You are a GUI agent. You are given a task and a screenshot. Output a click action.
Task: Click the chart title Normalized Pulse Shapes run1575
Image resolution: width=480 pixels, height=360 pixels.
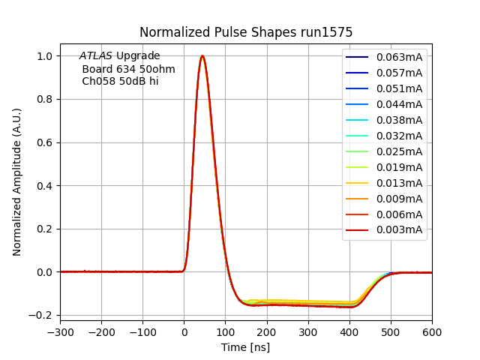point(246,32)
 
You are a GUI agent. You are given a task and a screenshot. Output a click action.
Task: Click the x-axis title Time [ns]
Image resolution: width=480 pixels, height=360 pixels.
point(245,347)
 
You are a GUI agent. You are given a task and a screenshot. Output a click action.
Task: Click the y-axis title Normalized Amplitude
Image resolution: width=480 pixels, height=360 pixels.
point(17,181)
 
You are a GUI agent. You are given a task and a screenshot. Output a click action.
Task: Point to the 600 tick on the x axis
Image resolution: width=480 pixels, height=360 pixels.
point(432,331)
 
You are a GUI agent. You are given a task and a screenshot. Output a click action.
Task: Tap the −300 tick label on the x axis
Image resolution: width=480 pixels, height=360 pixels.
point(60,331)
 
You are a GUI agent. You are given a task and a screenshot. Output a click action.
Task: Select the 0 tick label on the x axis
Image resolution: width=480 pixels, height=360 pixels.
point(184,331)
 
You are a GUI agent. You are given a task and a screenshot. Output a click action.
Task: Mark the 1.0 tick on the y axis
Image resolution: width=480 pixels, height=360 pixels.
point(45,56)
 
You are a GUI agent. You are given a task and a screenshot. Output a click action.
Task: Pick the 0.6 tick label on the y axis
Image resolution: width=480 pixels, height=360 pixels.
point(45,142)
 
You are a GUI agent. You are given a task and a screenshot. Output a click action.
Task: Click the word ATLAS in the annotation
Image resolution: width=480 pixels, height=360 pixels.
point(96,56)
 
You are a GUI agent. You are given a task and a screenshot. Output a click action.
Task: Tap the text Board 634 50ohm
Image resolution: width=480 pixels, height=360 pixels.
point(128,69)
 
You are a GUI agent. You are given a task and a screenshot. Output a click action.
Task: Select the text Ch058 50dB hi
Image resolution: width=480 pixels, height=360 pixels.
point(120,81)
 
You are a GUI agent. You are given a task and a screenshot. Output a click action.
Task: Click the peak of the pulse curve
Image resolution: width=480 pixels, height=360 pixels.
point(202,56)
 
